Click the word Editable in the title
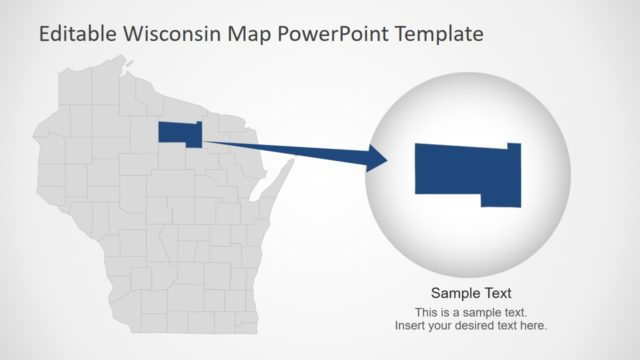76,34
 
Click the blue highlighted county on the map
179,132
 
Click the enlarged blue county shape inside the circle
465,173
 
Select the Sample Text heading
471,293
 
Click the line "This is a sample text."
471,312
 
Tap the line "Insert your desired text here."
471,325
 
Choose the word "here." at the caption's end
533,325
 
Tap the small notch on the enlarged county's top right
514,146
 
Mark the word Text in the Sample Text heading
496,293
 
